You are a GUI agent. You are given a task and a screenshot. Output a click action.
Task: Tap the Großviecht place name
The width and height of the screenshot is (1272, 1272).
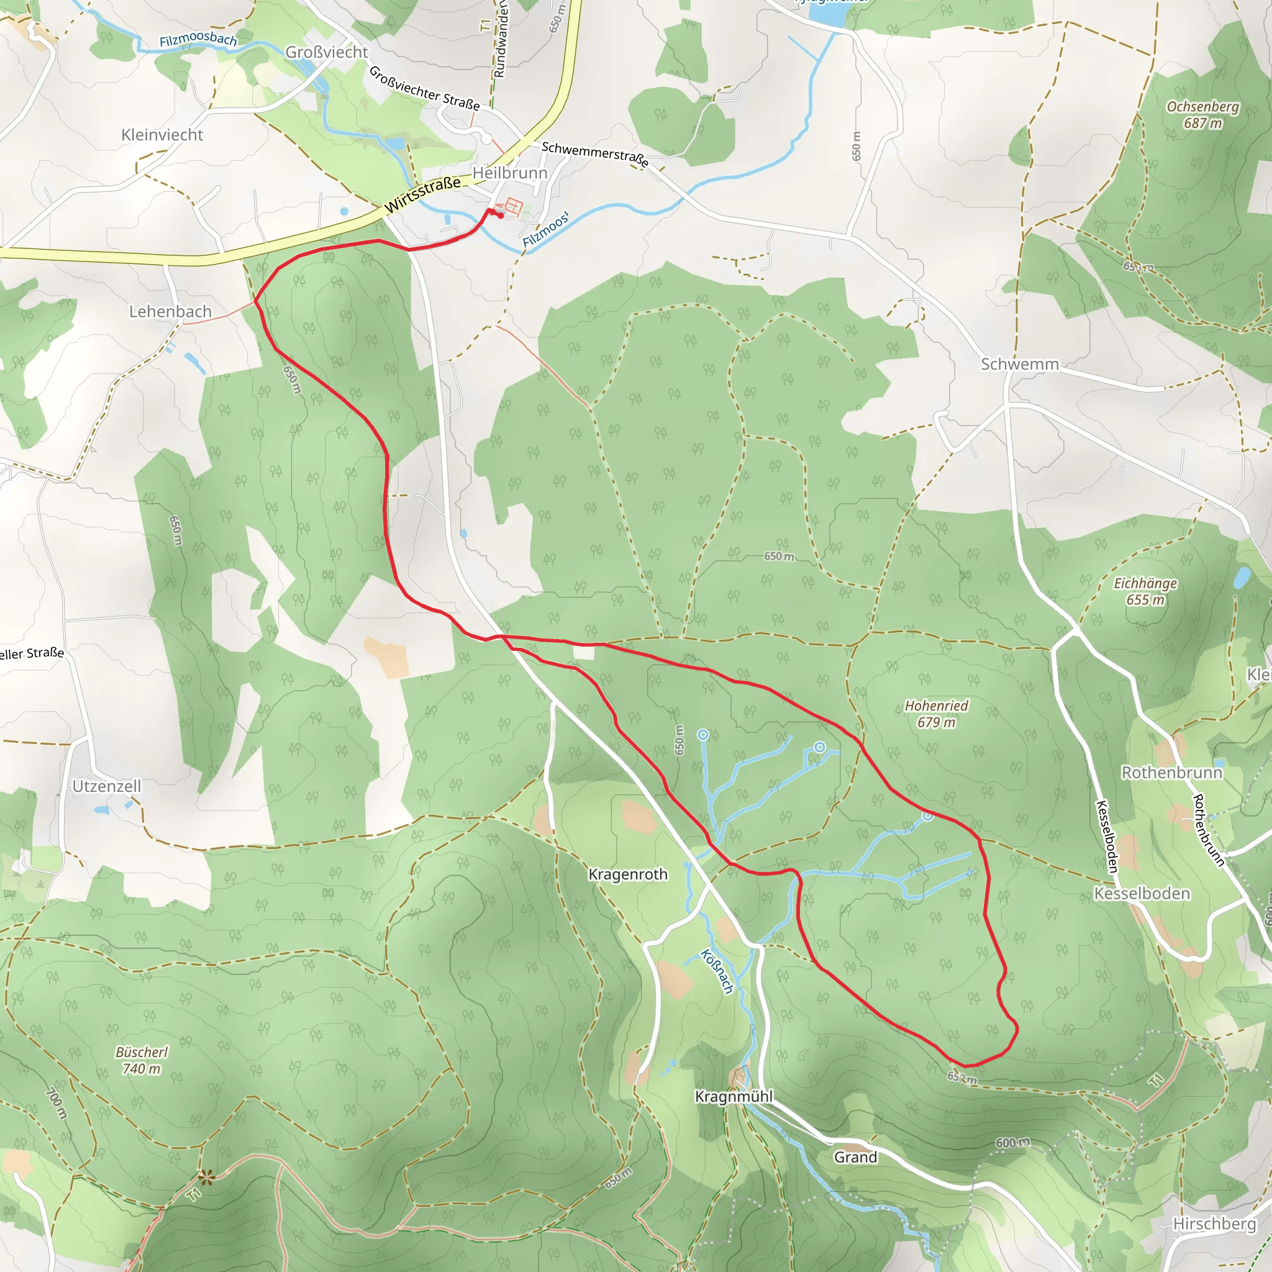tap(327, 52)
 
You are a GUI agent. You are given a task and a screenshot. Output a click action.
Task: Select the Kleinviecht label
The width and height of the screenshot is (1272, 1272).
tap(162, 135)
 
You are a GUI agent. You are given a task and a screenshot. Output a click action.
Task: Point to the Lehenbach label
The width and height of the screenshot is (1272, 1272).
tap(170, 311)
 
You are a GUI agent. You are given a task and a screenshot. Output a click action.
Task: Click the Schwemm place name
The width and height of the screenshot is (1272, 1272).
tap(1019, 364)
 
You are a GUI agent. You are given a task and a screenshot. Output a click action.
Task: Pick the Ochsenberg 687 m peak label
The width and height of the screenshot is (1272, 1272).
tap(1202, 114)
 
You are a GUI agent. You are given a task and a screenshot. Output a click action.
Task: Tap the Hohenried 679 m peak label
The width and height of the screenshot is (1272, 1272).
tap(936, 714)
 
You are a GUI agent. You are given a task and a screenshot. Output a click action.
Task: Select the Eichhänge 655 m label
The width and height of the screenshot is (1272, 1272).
tap(1145, 591)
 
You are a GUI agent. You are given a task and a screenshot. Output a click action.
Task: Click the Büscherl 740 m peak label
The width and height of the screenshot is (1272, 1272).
tap(142, 1060)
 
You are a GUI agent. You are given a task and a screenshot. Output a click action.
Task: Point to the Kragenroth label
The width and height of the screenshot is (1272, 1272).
tap(627, 874)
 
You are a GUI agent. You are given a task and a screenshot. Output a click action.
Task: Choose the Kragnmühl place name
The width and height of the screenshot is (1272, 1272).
tap(734, 1096)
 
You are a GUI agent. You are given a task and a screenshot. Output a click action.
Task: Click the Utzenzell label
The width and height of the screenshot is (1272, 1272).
tap(107, 786)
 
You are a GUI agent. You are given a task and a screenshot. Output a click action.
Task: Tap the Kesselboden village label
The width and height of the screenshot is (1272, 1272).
tap(1142, 893)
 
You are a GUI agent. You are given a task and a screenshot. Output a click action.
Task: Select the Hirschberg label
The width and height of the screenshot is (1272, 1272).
tap(1214, 1224)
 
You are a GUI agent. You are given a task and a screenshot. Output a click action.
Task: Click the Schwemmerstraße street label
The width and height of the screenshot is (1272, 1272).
tap(594, 154)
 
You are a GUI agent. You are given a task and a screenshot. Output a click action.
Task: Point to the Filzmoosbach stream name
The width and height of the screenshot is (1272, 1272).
tap(198, 40)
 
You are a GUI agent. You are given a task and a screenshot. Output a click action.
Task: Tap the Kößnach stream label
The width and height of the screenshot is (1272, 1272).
tap(717, 971)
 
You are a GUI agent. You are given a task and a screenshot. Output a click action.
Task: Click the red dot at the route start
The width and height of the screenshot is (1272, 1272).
tap(501, 216)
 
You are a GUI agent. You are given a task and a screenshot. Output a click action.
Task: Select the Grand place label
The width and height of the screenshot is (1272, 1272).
tap(855, 1156)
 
